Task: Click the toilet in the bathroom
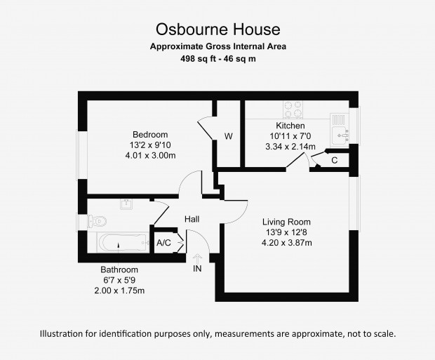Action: coord(97,221)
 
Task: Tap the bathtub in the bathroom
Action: coord(123,242)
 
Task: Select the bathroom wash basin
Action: coord(126,204)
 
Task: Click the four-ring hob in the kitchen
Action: coord(293,109)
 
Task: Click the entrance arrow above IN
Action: coord(197,259)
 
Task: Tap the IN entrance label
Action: coord(197,269)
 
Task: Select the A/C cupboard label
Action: coord(163,243)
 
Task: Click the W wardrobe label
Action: coord(228,136)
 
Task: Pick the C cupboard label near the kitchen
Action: coord(334,161)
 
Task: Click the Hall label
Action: coord(192,219)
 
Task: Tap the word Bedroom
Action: coord(150,134)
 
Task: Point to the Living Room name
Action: coord(286,222)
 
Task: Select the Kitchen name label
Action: coord(290,126)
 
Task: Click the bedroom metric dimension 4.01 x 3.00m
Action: coord(150,155)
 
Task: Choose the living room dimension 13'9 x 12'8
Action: coord(286,232)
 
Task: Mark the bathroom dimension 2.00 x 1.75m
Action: coord(119,291)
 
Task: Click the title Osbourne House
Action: coord(218,29)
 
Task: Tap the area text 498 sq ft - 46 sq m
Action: coord(218,59)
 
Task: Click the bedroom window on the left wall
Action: coord(82,155)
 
